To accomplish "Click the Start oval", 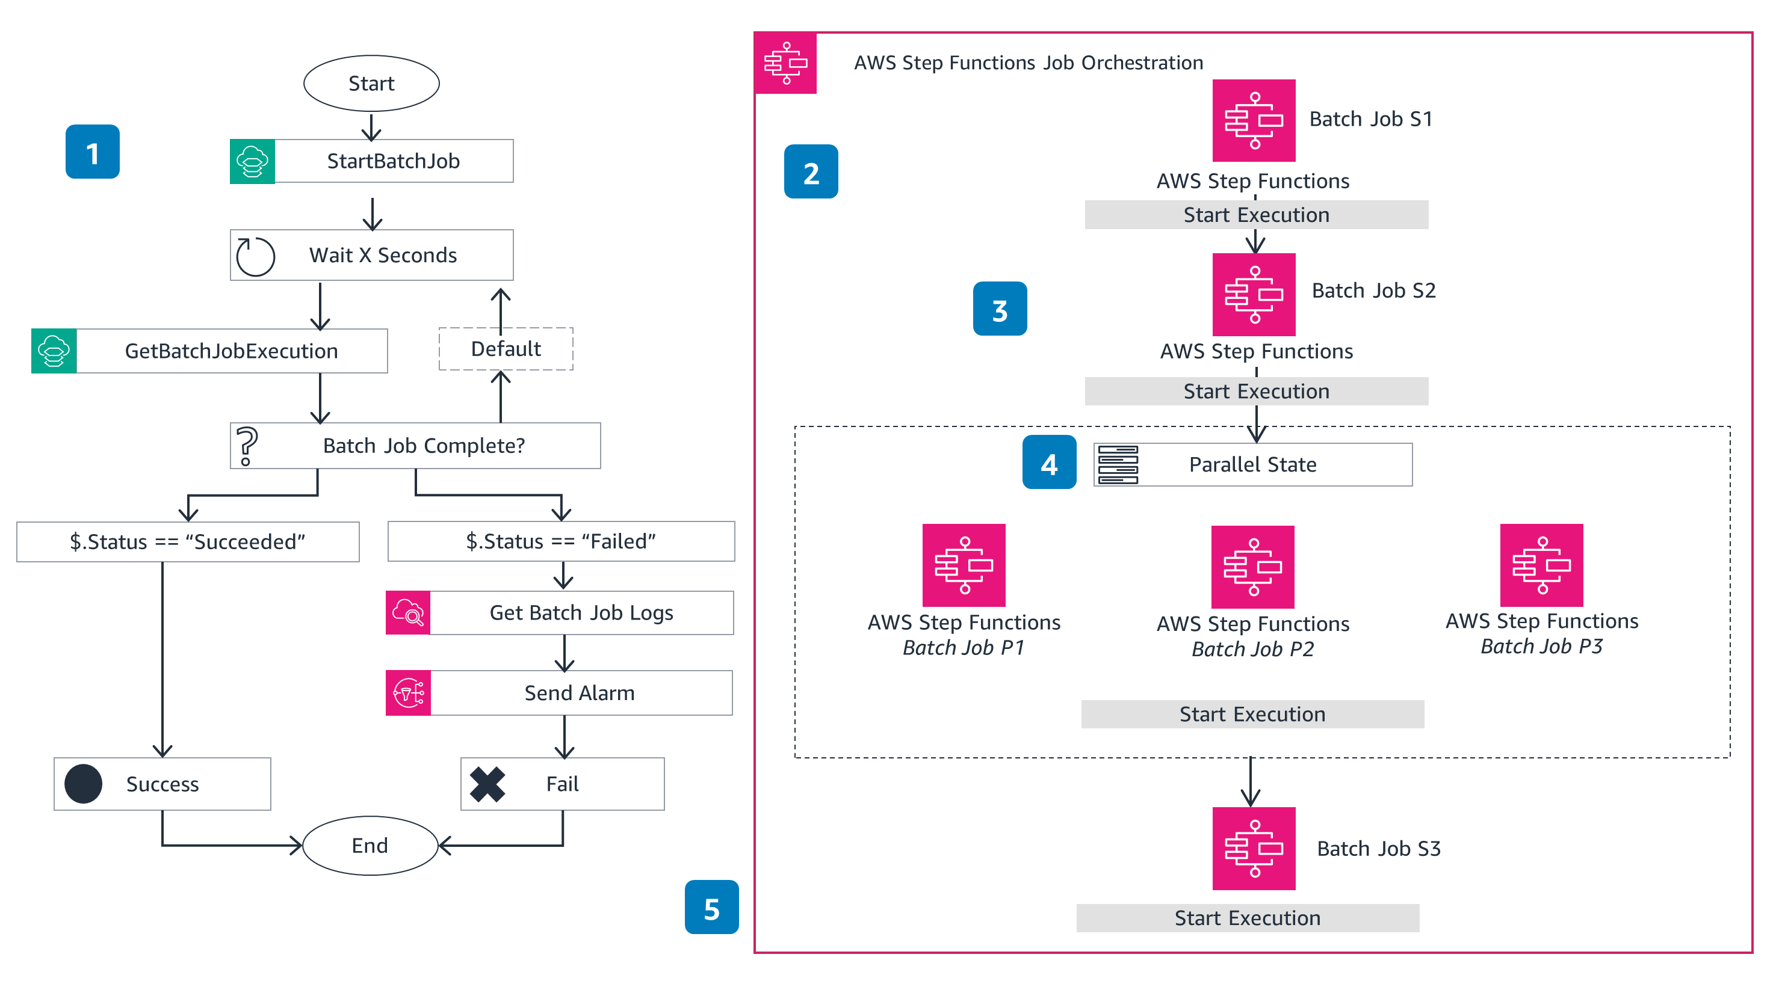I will point(371,84).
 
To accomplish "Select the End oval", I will point(370,845).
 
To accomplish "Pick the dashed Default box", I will point(506,349).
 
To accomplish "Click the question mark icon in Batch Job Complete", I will point(247,445).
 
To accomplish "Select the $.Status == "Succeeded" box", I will point(188,542).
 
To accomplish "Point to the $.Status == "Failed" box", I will point(561,542).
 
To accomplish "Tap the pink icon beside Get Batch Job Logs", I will point(408,612).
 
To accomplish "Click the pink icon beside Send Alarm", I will point(408,692).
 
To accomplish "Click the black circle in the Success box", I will point(84,784).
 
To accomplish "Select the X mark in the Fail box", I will point(487,784).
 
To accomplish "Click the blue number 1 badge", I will point(93,152).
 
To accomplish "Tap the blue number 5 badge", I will point(711,907).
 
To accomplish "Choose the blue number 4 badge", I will point(1049,463).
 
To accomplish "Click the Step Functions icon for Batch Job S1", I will point(1254,121).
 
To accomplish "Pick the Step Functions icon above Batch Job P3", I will point(1541,565).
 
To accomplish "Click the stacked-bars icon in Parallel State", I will point(1118,464).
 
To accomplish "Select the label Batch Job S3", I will point(1378,849).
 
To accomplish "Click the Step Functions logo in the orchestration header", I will point(786,63).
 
